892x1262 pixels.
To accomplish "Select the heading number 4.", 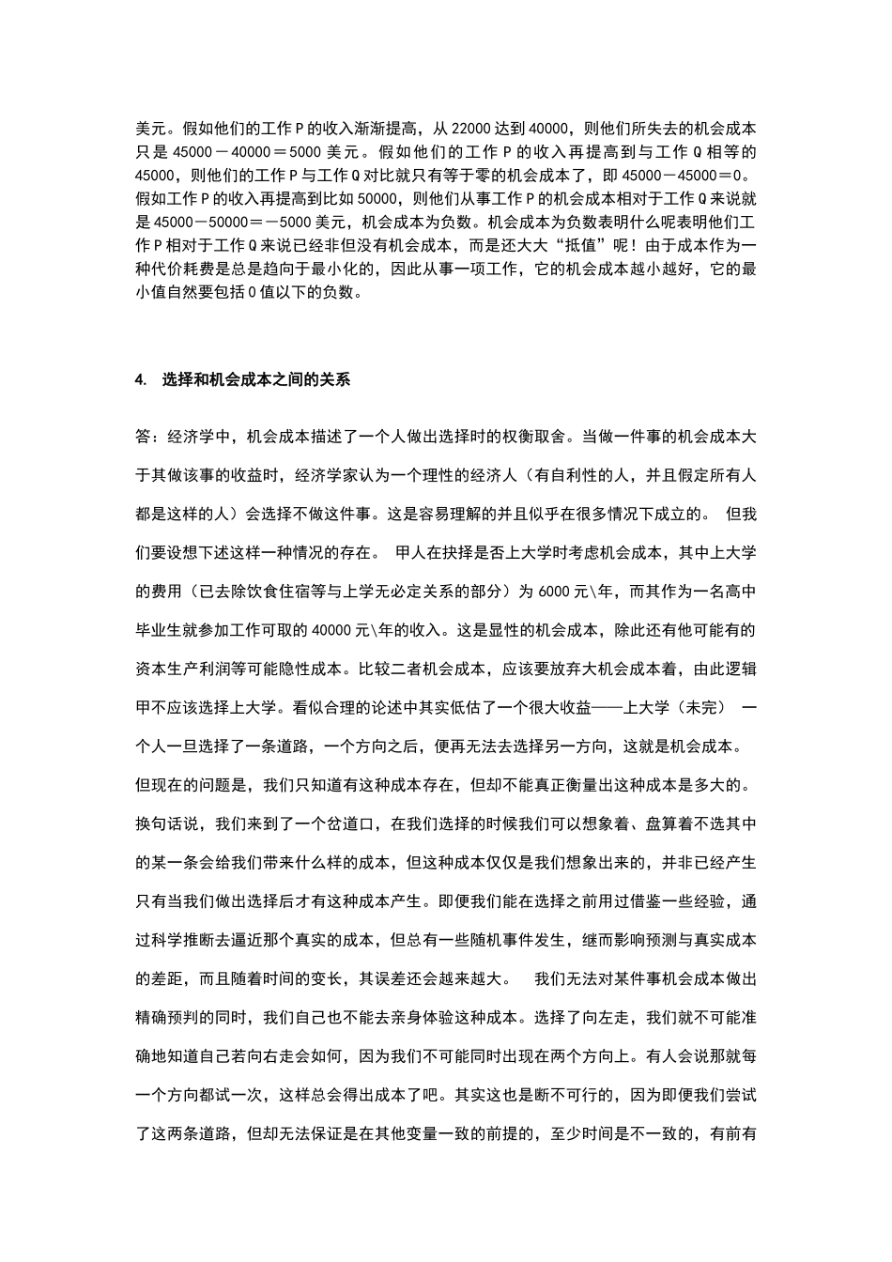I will click(141, 380).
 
